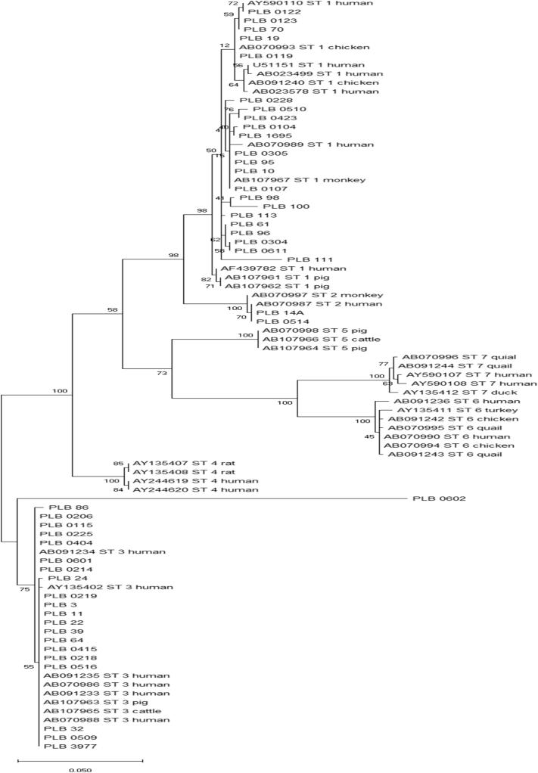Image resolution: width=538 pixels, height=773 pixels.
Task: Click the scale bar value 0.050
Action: [79, 768]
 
